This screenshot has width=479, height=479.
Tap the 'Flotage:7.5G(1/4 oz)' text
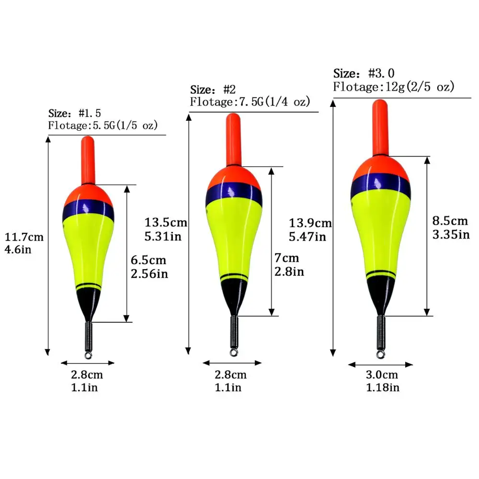tap(250, 102)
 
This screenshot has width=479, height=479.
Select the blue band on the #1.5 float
tap(88, 208)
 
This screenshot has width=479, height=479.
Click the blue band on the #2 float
tap(234, 195)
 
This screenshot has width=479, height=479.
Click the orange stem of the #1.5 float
tap(88, 159)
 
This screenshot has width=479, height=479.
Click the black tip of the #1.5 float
tap(88, 303)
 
